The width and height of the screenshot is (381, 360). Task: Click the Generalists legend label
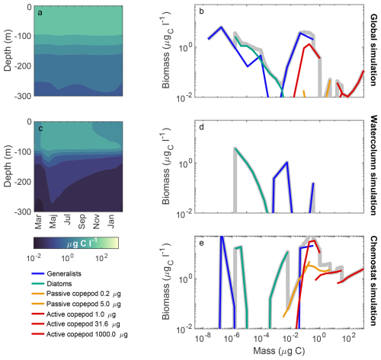click(64, 274)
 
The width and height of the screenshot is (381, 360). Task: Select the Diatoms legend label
click(59, 284)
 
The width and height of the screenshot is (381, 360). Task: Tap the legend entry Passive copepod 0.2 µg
click(84, 294)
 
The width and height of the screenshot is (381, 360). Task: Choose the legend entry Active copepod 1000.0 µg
click(87, 334)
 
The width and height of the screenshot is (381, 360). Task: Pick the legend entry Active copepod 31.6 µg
click(83, 324)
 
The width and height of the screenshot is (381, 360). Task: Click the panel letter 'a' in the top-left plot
click(40, 13)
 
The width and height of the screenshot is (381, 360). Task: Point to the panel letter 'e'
click(201, 244)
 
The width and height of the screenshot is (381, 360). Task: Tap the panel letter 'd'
click(201, 127)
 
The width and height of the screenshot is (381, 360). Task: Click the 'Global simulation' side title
click(373, 50)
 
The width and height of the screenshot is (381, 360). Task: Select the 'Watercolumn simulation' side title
click(373, 165)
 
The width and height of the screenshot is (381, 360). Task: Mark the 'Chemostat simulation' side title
click(373, 281)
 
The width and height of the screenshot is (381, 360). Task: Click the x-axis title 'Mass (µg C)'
click(279, 351)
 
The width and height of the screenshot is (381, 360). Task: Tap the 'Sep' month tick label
click(82, 221)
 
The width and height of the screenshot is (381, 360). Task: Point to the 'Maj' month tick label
click(53, 221)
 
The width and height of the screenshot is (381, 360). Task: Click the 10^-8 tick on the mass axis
click(203, 338)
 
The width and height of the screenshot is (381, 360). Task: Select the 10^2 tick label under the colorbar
click(101, 257)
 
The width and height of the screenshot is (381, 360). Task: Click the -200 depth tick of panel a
click(24, 66)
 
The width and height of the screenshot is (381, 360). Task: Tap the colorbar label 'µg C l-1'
click(82, 243)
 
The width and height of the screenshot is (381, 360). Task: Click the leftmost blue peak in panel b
click(221, 27)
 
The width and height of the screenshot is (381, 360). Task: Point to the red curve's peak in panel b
click(309, 44)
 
